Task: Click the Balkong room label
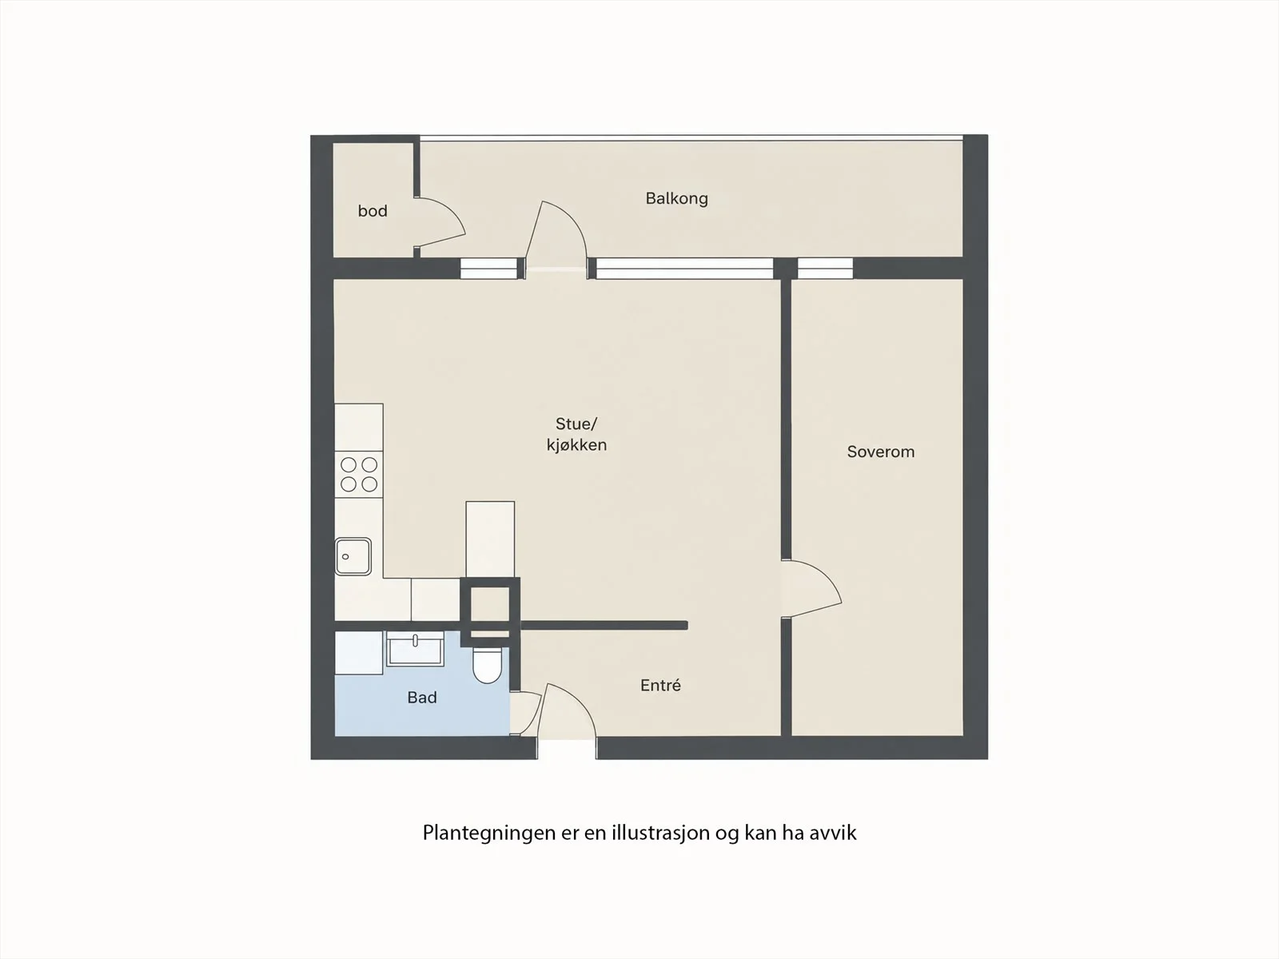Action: [x=676, y=198]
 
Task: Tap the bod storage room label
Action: [x=373, y=211]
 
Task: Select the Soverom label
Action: [x=880, y=452]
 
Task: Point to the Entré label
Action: [x=660, y=686]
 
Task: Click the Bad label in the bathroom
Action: [x=422, y=698]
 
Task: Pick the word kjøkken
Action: [x=576, y=445]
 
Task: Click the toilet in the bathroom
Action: [x=487, y=666]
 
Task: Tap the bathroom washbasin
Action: [x=415, y=647]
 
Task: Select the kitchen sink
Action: [x=353, y=556]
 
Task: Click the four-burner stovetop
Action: [x=358, y=475]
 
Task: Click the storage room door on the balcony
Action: [x=440, y=222]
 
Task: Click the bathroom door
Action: [x=524, y=714]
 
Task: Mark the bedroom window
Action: [x=825, y=269]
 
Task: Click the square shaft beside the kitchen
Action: [x=490, y=611]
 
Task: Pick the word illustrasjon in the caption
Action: [x=661, y=833]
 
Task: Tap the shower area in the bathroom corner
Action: [x=358, y=653]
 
